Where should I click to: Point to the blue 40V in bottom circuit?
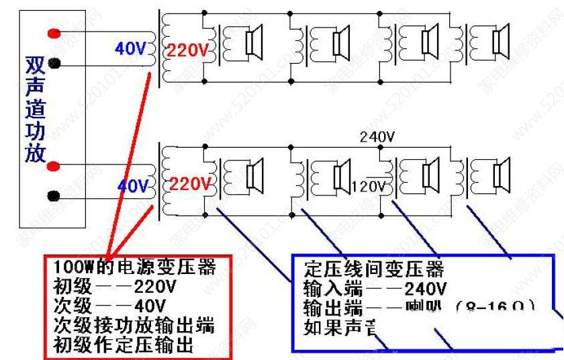[x=132, y=185]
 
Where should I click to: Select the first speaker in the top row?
[x=253, y=42]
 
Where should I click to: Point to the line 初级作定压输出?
[x=125, y=345]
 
